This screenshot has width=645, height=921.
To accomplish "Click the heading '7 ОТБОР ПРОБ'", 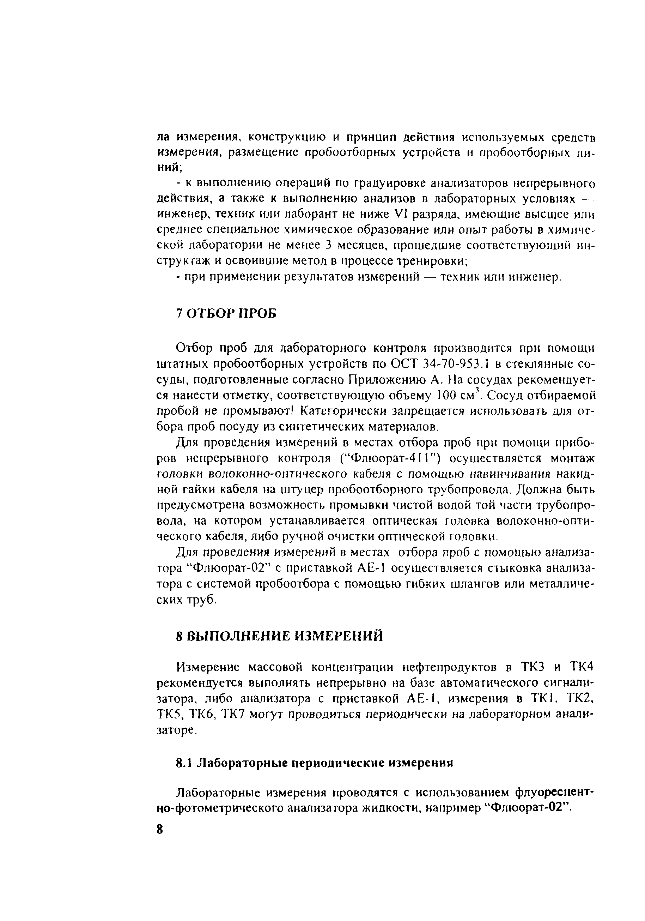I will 226,314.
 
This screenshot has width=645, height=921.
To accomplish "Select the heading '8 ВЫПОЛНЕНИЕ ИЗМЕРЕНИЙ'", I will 279,636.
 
